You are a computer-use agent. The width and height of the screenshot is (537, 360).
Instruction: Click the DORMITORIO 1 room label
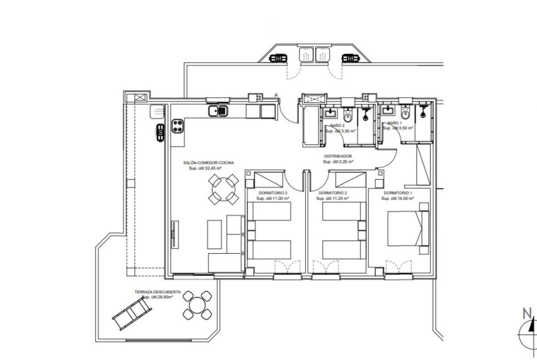click(x=398, y=193)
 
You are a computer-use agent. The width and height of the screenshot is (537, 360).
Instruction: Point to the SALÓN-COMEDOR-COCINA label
click(x=208, y=163)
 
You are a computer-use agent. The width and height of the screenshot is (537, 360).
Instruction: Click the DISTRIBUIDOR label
click(x=338, y=156)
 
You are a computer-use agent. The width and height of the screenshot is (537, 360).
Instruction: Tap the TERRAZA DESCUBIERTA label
click(x=157, y=292)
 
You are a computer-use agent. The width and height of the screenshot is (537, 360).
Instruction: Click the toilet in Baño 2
click(x=348, y=116)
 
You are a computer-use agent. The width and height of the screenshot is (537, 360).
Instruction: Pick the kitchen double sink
click(x=218, y=111)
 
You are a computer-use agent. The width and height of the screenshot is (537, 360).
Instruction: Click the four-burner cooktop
click(x=178, y=126)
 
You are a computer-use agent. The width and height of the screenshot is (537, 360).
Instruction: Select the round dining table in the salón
click(x=224, y=189)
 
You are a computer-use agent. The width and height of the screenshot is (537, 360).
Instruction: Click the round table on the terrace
click(x=197, y=305)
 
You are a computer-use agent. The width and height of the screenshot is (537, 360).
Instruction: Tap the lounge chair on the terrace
click(x=132, y=313)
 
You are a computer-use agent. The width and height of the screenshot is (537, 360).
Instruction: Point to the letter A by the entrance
click(x=276, y=95)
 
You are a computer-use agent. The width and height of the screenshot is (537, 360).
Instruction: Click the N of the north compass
click(x=527, y=313)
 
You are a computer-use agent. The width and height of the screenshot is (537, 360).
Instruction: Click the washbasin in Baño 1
click(x=388, y=110)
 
